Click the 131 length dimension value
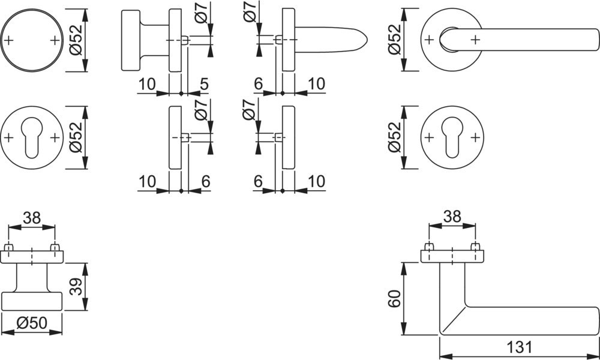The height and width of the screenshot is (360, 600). coord(520,347)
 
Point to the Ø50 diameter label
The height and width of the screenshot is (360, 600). coord(32,323)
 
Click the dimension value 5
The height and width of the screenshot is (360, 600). coord(204,84)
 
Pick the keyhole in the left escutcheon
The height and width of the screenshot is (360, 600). coord(31,136)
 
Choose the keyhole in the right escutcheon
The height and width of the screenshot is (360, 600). coord(452,136)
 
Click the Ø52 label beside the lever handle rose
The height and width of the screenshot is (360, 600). coord(394,40)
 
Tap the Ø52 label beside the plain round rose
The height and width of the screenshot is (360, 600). coord(76,40)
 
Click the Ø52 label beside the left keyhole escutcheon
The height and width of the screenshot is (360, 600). coord(76,137)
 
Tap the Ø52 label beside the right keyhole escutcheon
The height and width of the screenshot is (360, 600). coord(394,137)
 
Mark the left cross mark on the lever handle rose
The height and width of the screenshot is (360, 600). coord(429,40)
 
